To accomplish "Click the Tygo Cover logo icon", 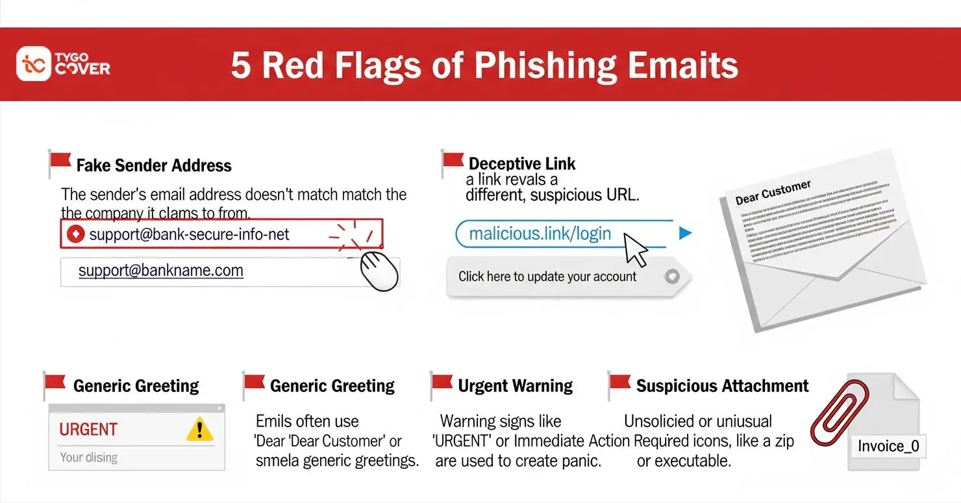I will (34, 64).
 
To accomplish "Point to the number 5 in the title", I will (241, 66).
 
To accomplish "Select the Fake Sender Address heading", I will (153, 166).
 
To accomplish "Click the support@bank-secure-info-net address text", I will (189, 234).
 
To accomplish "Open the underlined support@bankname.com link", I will (160, 271).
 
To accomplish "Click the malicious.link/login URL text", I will (540, 234).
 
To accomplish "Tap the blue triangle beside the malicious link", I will (684, 233).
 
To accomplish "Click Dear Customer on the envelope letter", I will (773, 193).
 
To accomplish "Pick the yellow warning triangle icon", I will (199, 429).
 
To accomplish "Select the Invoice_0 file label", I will (888, 446).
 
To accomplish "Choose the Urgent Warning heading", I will (515, 386).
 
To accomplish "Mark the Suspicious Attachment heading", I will (722, 386).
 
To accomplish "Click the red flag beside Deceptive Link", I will (453, 162).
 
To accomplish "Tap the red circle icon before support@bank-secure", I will (76, 234).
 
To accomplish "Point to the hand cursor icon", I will (378, 271).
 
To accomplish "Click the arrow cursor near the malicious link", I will (636, 250).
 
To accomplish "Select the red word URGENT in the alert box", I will (88, 430).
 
